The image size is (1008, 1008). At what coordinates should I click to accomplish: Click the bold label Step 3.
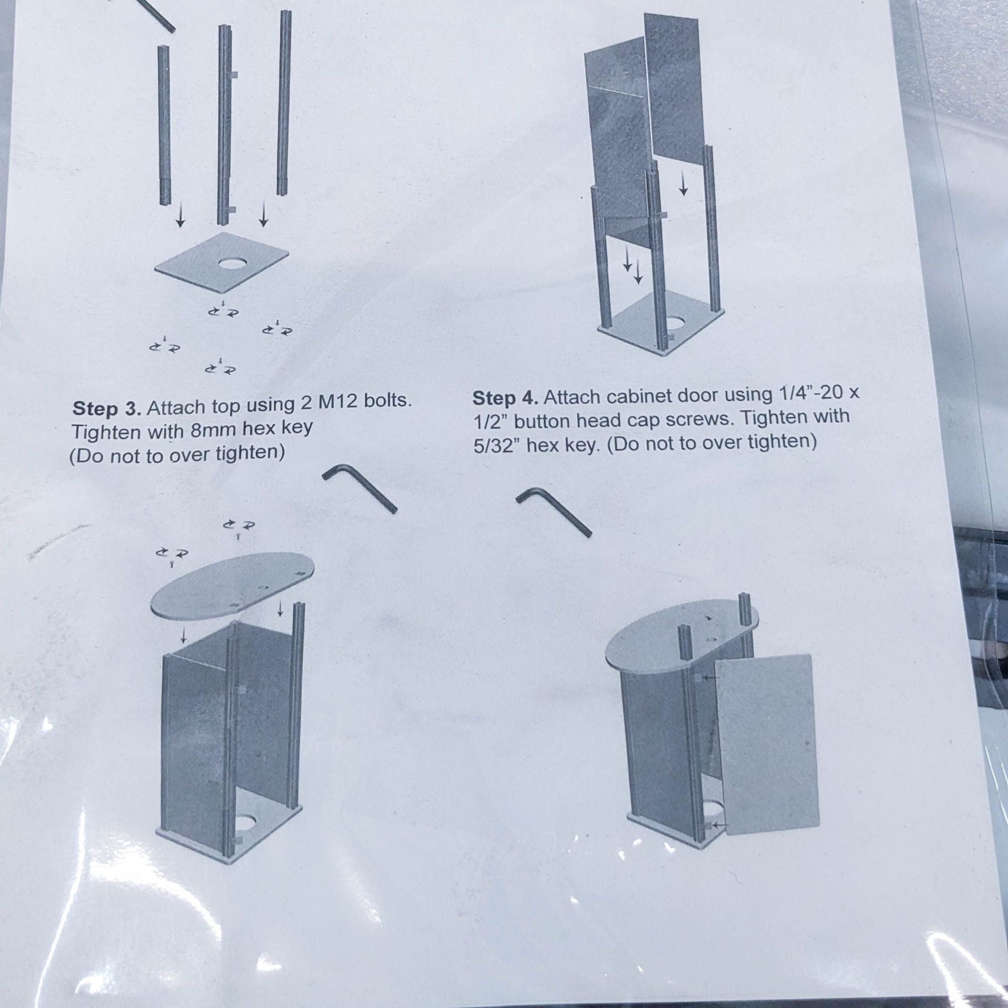[x=107, y=408]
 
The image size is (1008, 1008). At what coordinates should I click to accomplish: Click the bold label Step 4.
[x=505, y=398]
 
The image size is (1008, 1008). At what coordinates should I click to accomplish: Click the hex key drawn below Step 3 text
[x=359, y=488]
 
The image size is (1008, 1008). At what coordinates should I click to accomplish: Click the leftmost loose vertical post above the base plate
[x=164, y=125]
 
